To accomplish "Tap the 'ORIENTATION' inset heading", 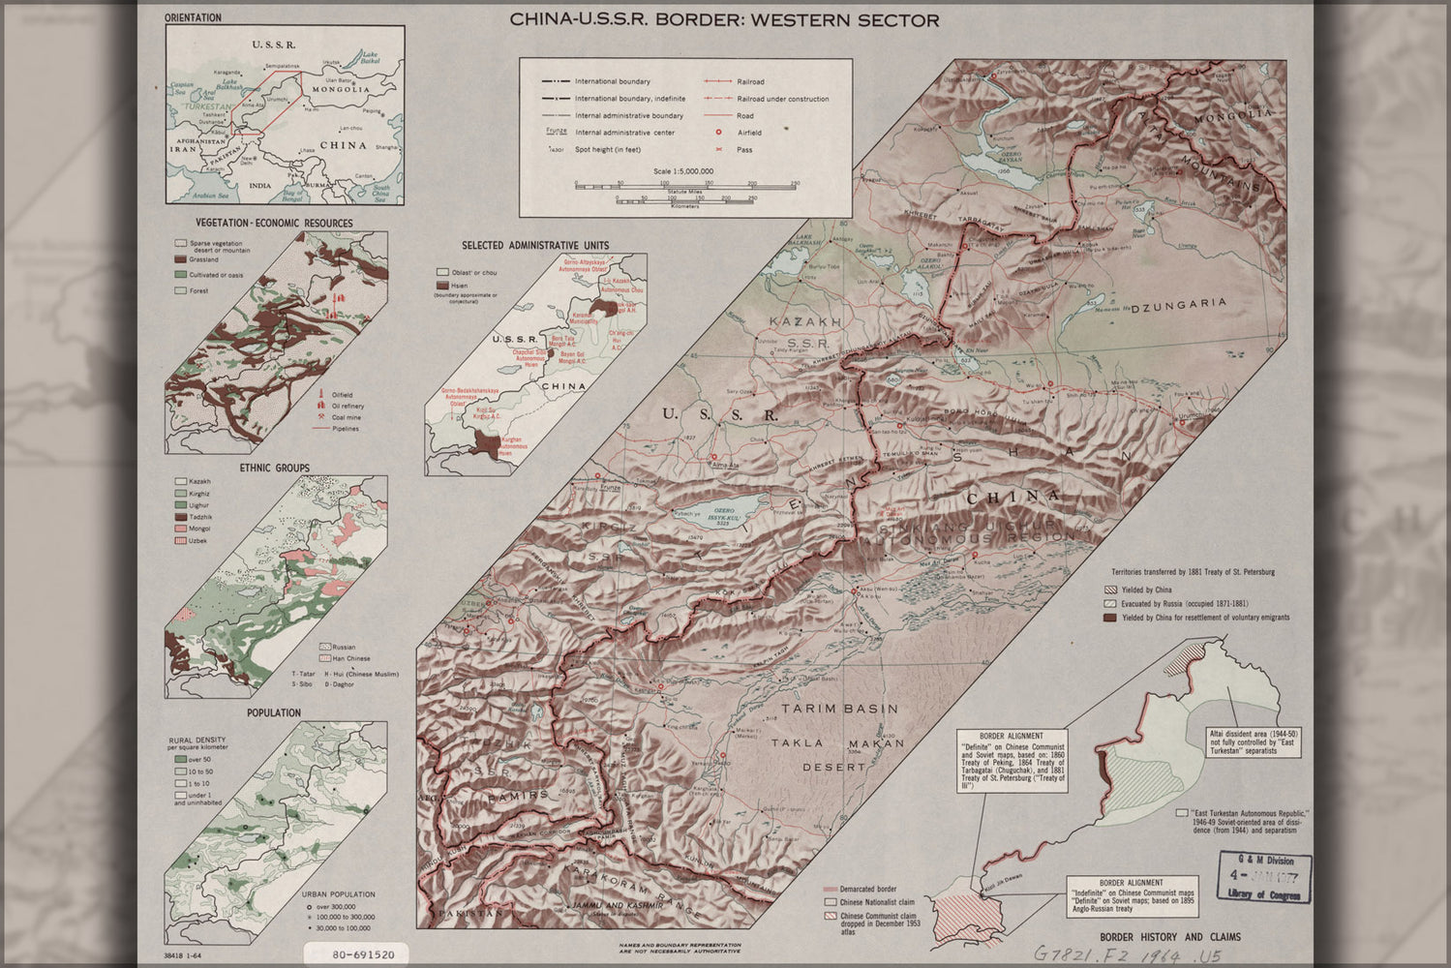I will point(193,17).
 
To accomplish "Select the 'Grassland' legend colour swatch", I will point(180,260).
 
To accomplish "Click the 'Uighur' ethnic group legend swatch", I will point(180,505).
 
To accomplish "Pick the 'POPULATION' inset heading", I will point(274,712).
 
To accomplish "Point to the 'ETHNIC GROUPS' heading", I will point(275,469).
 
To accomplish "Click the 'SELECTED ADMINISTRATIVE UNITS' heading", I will point(535,246).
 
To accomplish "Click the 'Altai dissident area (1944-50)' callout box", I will point(1254,741).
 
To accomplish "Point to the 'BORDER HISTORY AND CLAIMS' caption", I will point(1169,937).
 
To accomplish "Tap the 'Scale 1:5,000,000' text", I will point(683,171).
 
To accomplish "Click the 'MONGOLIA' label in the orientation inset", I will point(340,89).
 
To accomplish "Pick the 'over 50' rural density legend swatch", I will point(180,760).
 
